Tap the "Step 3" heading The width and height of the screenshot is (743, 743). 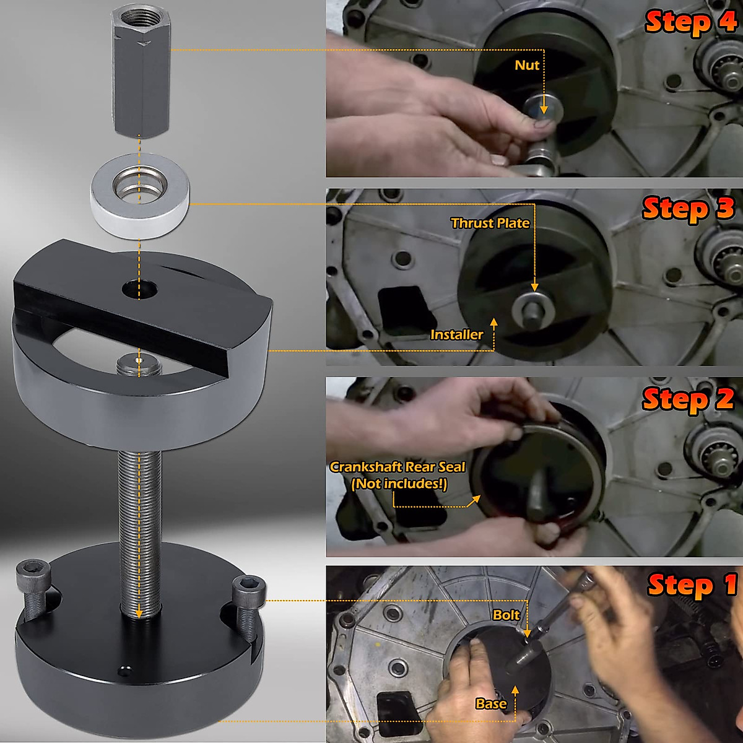688,209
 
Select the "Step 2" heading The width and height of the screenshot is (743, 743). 688,399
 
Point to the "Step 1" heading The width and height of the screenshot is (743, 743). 692,585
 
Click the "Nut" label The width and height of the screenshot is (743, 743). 527,65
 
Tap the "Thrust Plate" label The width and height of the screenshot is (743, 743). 490,223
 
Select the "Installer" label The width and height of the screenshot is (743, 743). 456,334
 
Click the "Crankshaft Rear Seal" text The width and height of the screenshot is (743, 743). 397,467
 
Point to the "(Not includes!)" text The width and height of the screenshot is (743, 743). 399,484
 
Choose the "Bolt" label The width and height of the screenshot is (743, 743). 506,615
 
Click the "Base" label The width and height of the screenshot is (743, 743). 490,703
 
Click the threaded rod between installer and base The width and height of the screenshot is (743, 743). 139,526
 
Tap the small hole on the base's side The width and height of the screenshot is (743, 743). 126,670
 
